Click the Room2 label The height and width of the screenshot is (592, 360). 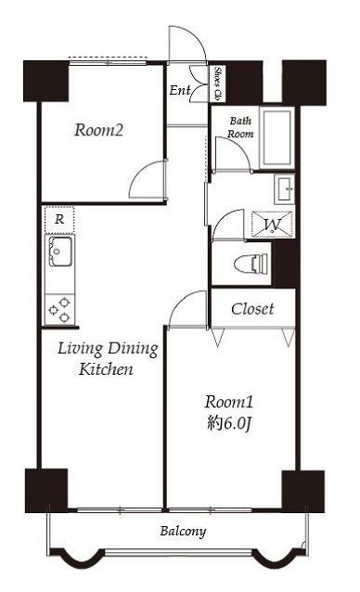[x=99, y=130]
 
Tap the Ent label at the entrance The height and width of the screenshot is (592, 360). [x=180, y=90]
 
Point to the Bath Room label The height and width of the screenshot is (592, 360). [x=240, y=127]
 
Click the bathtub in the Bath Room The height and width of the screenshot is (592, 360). [x=277, y=138]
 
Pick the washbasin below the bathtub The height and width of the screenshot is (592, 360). [x=285, y=189]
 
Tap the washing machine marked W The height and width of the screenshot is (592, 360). [x=272, y=225]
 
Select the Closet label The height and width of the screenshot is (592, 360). [x=252, y=309]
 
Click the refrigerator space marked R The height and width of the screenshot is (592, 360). [x=59, y=219]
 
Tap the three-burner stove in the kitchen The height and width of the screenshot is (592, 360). [x=59, y=310]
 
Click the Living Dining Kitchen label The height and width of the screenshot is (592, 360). [x=108, y=359]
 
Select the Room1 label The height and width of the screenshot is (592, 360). [x=229, y=402]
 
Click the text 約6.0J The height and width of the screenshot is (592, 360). [x=229, y=424]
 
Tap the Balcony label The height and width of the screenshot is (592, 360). [x=183, y=532]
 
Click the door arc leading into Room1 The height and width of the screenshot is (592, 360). [x=180, y=302]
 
